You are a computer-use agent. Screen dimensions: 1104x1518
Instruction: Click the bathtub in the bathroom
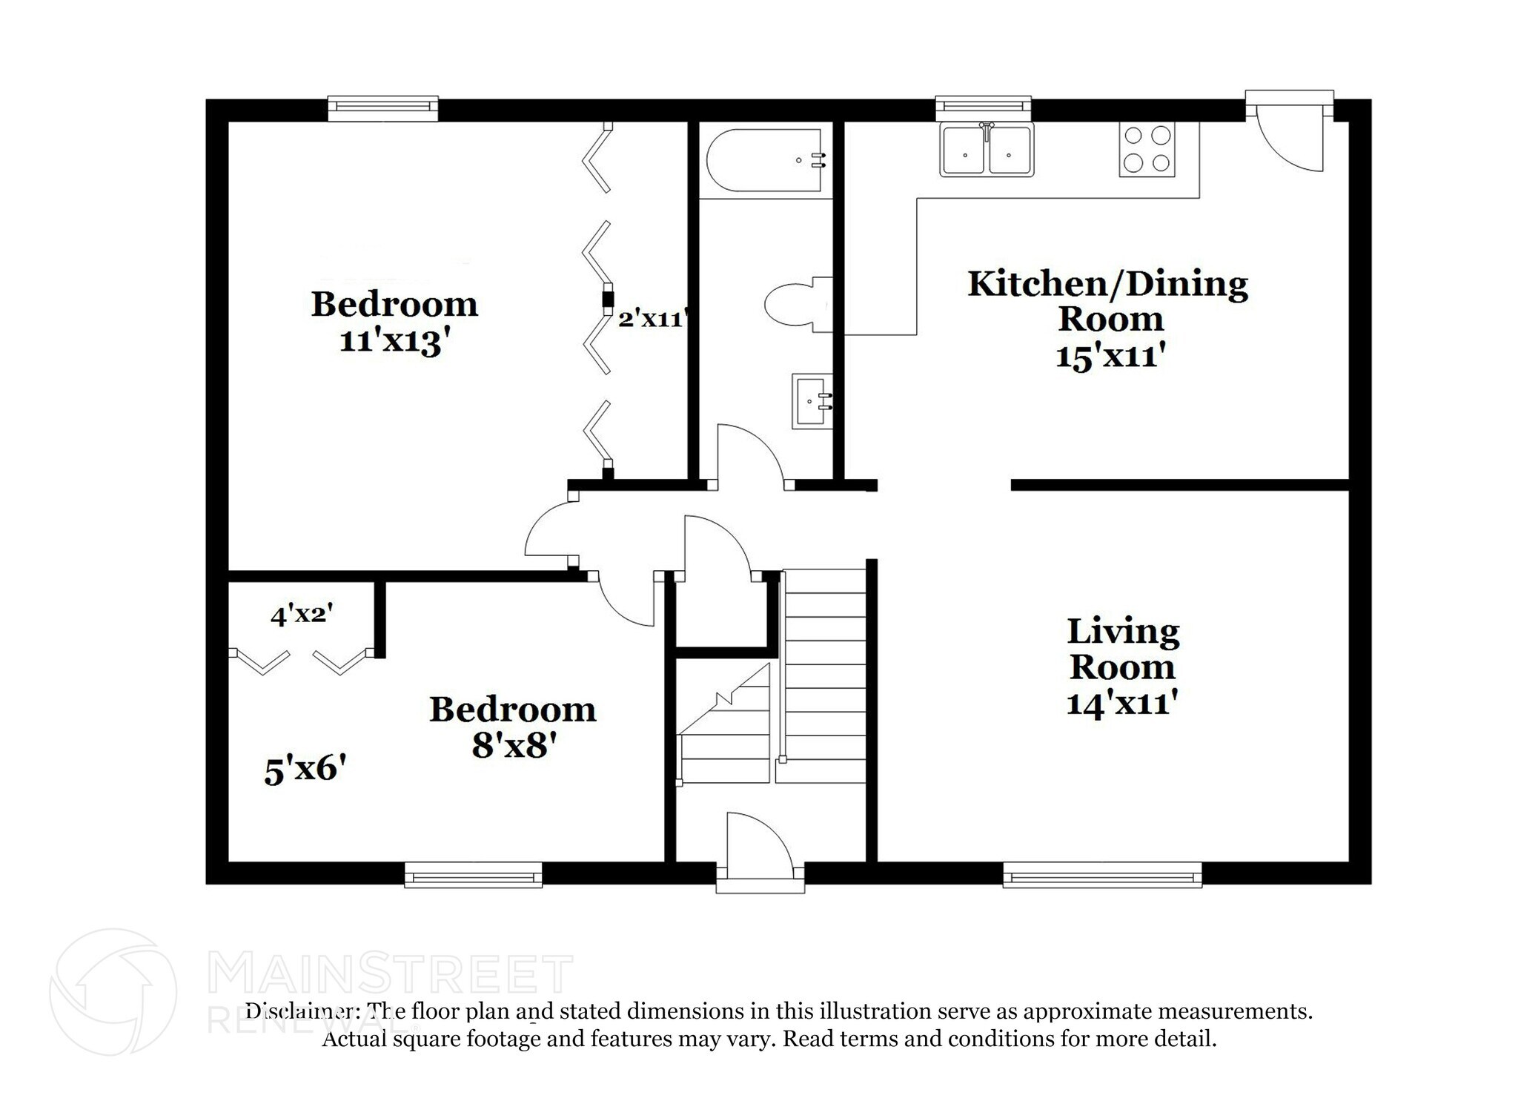click(766, 160)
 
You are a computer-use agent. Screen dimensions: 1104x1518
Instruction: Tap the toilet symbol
click(797, 305)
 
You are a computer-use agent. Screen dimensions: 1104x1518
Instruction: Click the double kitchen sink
click(986, 150)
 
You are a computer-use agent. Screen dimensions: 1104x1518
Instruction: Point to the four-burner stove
click(1147, 149)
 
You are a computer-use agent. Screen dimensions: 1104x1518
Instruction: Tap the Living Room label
click(1121, 649)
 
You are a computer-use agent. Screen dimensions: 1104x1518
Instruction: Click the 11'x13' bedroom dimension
click(394, 342)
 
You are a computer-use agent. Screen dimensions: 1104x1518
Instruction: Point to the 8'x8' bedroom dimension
click(514, 744)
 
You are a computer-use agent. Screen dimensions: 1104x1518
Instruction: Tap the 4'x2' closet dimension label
click(301, 615)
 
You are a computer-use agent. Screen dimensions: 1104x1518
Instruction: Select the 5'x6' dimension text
click(305, 770)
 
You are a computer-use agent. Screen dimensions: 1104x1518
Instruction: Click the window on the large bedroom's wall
click(382, 108)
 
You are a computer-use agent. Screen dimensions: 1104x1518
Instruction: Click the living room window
click(1101, 875)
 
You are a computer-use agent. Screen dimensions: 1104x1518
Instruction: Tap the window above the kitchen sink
click(983, 108)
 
